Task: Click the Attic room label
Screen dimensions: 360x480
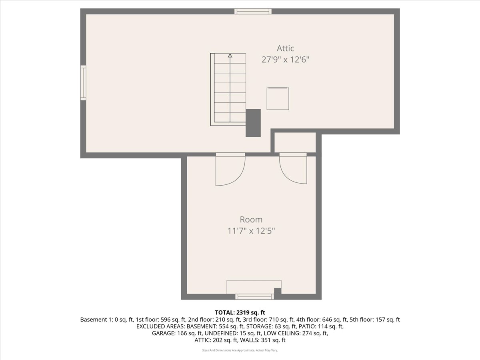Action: (285, 48)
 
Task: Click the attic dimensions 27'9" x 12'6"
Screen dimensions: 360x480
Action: (285, 60)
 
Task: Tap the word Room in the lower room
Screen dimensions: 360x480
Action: (251, 220)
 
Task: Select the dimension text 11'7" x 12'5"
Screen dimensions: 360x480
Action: (251, 231)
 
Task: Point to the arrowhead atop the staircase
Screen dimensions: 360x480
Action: (230, 56)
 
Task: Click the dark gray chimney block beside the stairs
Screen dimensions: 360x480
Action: (253, 123)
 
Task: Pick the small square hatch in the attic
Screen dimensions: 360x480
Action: (278, 98)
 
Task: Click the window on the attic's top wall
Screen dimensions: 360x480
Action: (253, 11)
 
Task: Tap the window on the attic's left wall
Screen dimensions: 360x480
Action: (83, 83)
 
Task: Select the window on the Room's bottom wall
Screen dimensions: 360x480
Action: (254, 296)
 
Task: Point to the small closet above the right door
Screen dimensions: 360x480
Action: (295, 142)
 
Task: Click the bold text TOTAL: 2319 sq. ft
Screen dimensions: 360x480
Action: (240, 312)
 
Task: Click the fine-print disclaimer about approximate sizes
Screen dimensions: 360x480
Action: (240, 350)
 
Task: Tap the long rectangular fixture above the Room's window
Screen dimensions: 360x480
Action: (254, 287)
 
